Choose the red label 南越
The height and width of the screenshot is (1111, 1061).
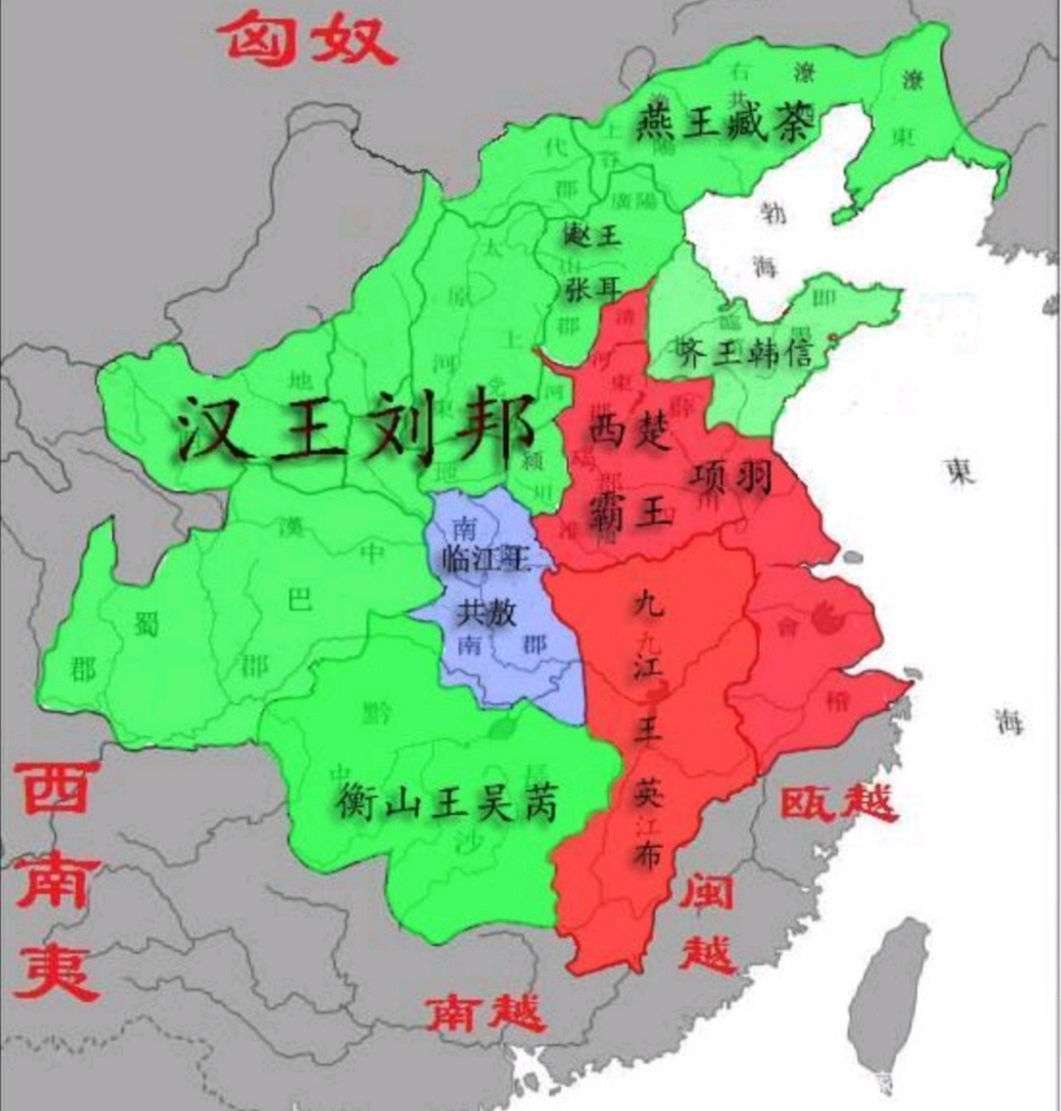click(x=485, y=1012)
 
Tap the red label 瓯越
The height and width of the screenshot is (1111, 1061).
click(x=837, y=803)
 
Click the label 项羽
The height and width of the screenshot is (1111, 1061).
click(x=732, y=476)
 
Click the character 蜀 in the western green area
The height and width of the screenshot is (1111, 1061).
click(x=145, y=623)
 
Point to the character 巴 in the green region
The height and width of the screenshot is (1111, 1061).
click(x=299, y=600)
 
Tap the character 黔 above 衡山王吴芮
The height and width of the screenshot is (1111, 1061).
click(x=377, y=713)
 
